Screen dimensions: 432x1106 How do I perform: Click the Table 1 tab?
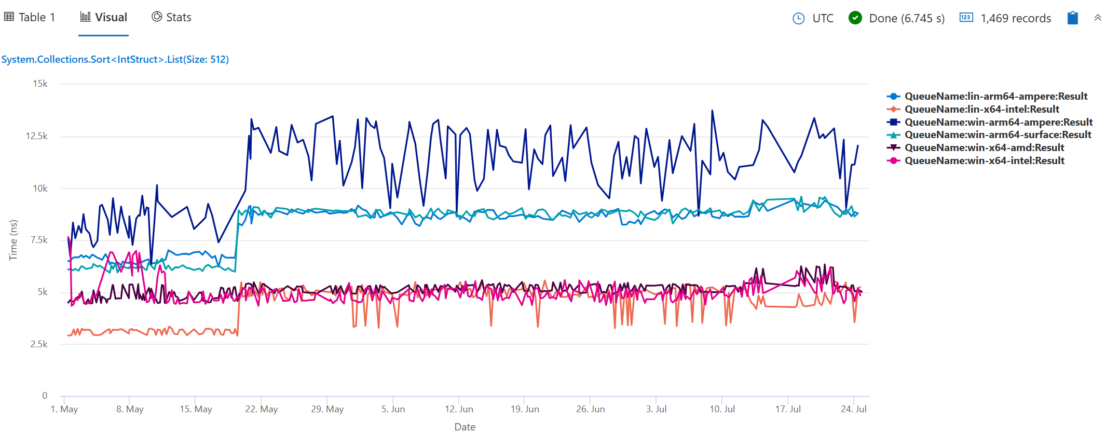[x=30, y=18]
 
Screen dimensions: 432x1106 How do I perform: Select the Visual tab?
[x=104, y=18]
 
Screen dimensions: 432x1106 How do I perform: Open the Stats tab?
[x=172, y=18]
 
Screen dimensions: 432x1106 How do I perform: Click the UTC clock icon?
[x=798, y=19]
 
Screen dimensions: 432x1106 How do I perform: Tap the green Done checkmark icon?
[x=855, y=18]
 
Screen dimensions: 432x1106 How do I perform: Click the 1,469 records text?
[x=1015, y=19]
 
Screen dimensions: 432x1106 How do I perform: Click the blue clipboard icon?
[x=1072, y=18]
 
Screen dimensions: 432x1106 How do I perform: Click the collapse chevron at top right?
[x=1098, y=18]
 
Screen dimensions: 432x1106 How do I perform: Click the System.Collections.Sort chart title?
[x=115, y=59]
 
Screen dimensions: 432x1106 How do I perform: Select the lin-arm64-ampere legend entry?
[x=995, y=97]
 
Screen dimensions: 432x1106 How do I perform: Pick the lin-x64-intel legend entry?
[x=981, y=110]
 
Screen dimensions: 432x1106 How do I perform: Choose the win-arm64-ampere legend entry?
[x=998, y=123]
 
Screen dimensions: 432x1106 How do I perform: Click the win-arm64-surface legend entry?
[x=998, y=135]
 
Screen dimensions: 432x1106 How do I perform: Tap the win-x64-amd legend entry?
[x=984, y=148]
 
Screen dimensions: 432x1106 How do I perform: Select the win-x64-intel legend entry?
[x=984, y=161]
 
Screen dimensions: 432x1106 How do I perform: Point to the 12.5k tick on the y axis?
[x=37, y=136]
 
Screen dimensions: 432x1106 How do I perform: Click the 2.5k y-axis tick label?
[x=39, y=344]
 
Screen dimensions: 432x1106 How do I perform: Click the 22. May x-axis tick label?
[x=262, y=409]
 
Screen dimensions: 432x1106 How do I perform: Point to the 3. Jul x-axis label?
[x=656, y=409]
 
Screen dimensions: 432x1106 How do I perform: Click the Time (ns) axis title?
[x=13, y=240]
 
